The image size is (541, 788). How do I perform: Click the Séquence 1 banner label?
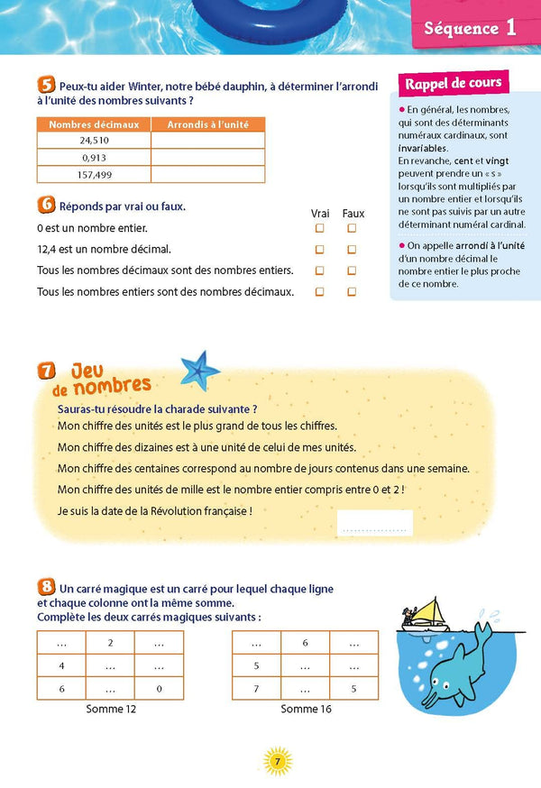click(470, 28)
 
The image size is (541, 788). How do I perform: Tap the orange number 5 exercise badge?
click(46, 87)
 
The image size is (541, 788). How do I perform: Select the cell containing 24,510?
click(94, 141)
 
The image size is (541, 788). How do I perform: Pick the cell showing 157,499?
click(94, 174)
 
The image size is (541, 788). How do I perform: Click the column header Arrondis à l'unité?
click(207, 124)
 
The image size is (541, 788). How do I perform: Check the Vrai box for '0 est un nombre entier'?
click(319, 228)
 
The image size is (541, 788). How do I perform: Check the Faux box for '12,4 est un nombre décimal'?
click(353, 249)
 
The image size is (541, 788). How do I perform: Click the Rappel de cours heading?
click(454, 84)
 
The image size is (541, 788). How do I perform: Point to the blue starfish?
click(199, 369)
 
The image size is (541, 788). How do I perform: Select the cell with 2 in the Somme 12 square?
click(110, 643)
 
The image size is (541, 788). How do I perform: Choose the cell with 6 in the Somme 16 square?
click(306, 643)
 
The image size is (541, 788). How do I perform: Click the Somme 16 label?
click(306, 710)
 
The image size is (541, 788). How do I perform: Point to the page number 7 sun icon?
click(277, 762)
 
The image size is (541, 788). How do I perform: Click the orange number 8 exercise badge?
click(46, 588)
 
